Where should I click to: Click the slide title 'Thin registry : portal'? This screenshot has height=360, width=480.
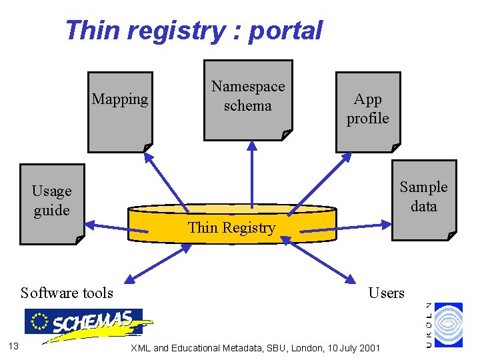(x=193, y=31)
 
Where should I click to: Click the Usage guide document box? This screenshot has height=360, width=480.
(x=52, y=203)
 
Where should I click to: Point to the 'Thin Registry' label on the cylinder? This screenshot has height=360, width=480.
(x=231, y=228)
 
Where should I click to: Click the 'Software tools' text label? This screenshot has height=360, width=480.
(x=67, y=293)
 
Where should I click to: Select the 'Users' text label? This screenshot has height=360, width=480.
(x=387, y=293)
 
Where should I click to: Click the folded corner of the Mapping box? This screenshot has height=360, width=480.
(x=147, y=147)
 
